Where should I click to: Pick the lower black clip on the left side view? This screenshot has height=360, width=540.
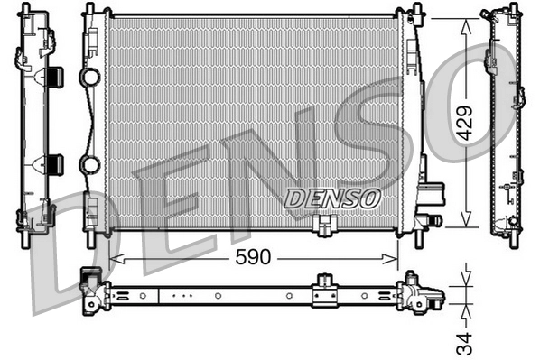click(x=54, y=164)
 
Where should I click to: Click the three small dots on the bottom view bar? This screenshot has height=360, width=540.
click(x=182, y=294)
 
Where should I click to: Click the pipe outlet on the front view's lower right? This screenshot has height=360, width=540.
click(x=431, y=219)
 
